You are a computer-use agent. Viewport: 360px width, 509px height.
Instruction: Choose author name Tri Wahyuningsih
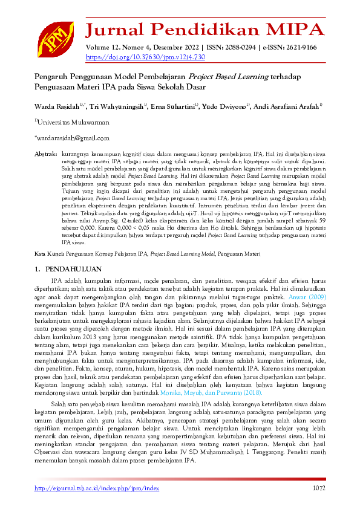click(117, 107)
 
